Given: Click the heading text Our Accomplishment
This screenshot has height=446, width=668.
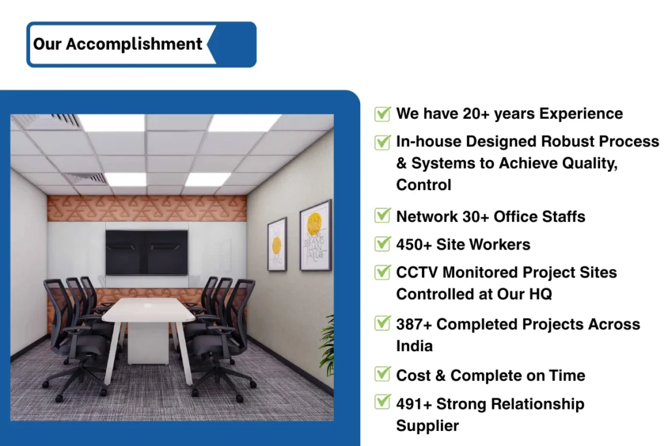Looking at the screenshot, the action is [117, 44].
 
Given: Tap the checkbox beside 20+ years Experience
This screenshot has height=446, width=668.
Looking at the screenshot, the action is [382, 114].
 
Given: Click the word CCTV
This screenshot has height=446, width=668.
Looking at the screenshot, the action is [417, 272].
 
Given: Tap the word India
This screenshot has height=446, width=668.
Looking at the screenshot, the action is [414, 346].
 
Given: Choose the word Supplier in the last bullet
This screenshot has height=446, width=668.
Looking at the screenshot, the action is [427, 426].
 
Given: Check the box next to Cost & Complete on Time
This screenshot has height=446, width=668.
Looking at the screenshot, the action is [382, 374].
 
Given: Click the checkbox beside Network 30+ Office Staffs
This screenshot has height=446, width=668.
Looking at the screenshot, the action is [382, 215].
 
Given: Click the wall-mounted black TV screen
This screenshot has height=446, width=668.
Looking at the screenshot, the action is [147, 253].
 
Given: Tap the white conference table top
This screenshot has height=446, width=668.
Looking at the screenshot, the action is [148, 310].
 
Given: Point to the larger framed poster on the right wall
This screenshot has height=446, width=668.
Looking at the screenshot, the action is [315, 235].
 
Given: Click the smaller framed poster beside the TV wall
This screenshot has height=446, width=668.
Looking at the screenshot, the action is [277, 244].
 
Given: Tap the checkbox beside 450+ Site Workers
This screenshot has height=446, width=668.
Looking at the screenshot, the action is [382, 243].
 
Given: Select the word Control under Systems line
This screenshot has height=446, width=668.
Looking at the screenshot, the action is [423, 185].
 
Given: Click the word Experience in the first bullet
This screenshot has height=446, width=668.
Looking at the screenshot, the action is [581, 114].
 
